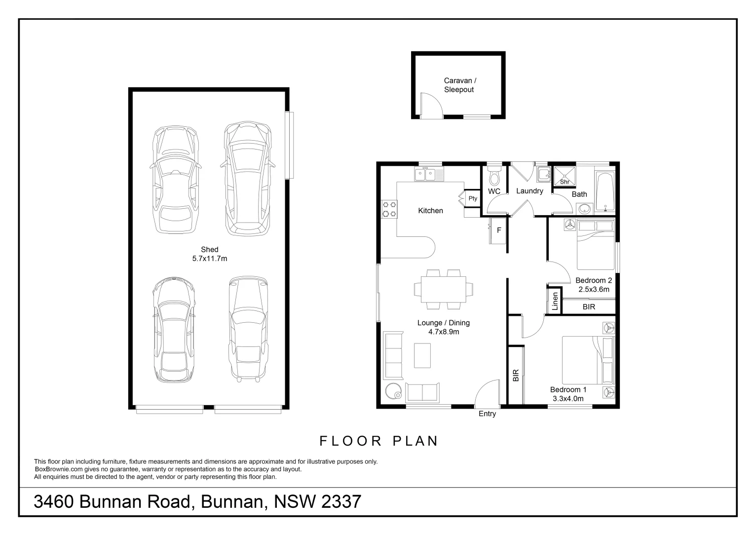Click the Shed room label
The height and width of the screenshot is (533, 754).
click(x=209, y=250)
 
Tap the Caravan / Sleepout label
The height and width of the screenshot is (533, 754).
click(x=459, y=85)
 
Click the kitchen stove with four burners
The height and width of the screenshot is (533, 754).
click(x=389, y=209)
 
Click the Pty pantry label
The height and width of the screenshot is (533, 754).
click(x=473, y=198)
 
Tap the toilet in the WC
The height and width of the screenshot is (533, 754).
click(x=494, y=175)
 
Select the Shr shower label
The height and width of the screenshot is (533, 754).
click(x=565, y=182)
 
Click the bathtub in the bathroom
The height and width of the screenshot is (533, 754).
click(x=604, y=191)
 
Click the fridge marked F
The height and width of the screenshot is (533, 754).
click(x=499, y=230)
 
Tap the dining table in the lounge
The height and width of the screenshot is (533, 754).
click(x=443, y=289)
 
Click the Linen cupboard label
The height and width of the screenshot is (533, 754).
click(x=555, y=301)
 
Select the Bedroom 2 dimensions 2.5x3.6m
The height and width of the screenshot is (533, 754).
click(x=594, y=290)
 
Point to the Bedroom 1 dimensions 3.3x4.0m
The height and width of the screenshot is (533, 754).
click(x=567, y=399)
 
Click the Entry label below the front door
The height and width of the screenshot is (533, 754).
click(x=487, y=414)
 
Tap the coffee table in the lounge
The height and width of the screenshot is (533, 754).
click(x=422, y=355)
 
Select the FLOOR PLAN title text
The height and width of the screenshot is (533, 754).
click(x=379, y=441)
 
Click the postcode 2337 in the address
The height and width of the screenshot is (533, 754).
click(x=341, y=502)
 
